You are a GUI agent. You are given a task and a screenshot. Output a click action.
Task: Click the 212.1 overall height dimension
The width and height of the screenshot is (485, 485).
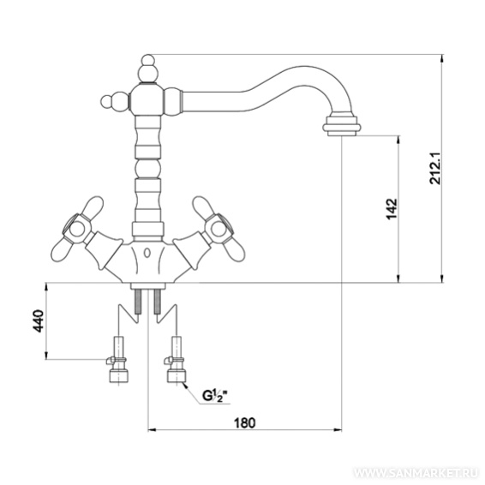[x=435, y=168]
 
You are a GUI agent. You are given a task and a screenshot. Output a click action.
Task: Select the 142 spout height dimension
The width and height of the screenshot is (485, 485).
[x=392, y=209]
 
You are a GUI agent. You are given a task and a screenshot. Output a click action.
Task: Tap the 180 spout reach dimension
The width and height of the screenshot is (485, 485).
[x=245, y=422]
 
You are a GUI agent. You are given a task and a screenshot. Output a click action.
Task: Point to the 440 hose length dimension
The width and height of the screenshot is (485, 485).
[x=39, y=320]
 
